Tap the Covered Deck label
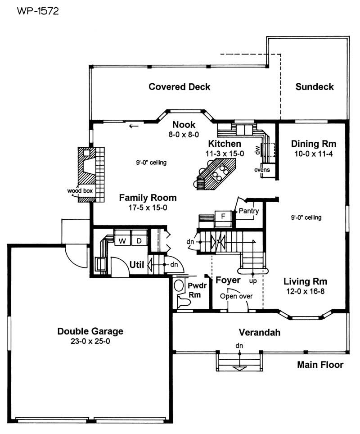point(180,86)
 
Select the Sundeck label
point(315,86)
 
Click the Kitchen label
point(224,144)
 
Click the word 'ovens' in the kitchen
point(262,170)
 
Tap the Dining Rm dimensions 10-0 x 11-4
point(314,154)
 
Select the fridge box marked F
point(222,216)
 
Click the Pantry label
point(248,211)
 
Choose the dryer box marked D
point(139,241)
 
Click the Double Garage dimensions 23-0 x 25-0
point(90,341)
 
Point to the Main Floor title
point(320,365)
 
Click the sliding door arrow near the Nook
point(133,126)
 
